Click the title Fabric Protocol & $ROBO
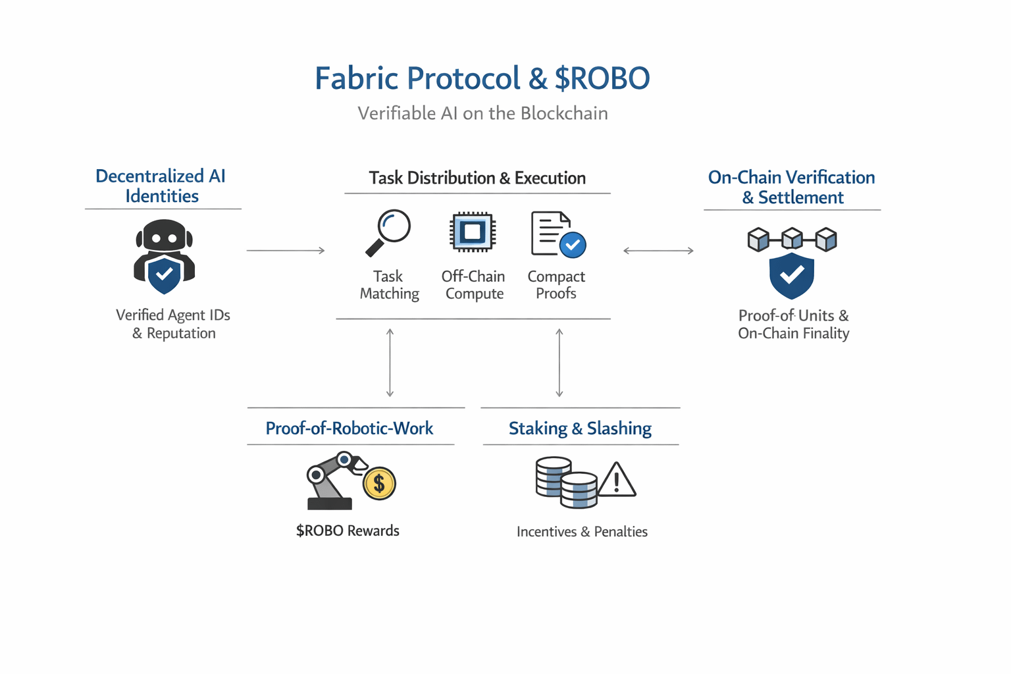coord(482,78)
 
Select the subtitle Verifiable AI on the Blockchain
coord(482,113)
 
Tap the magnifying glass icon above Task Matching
coord(388,232)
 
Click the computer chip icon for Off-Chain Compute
coord(472,232)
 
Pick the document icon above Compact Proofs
coord(552,233)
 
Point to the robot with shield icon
coord(164,257)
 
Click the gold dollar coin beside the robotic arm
coord(378,484)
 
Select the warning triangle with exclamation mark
coord(616,480)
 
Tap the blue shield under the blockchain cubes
coord(791,275)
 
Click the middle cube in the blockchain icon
coord(792,239)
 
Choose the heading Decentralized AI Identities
coord(161,186)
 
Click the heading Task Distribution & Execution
coord(477,178)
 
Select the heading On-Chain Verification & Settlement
coord(792,187)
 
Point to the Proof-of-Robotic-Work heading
coord(350,428)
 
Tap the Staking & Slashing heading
coord(580,428)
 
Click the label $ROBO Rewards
coord(348,531)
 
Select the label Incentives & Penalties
coord(582,531)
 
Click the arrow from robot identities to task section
coord(286,250)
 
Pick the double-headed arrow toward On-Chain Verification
coord(658,250)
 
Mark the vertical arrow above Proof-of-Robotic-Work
coord(390,363)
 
